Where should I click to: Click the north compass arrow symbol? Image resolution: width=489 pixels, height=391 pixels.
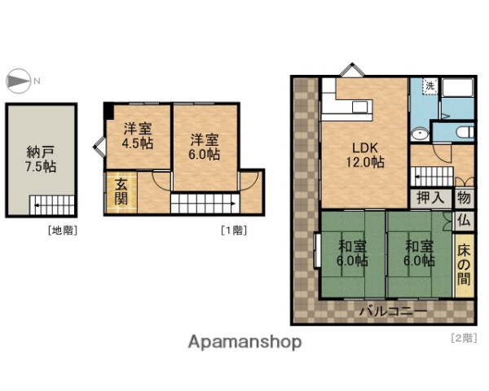click(16, 80)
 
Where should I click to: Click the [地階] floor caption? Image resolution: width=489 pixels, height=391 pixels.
click(63, 230)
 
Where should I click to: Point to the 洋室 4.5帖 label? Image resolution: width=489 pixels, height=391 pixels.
click(138, 136)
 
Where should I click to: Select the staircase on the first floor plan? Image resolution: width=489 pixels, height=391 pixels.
click(204, 202)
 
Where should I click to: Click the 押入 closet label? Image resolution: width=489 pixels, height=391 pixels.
click(431, 197)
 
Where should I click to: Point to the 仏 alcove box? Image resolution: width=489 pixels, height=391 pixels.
click(463, 219)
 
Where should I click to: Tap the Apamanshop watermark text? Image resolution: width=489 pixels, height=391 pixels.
click(244, 342)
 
